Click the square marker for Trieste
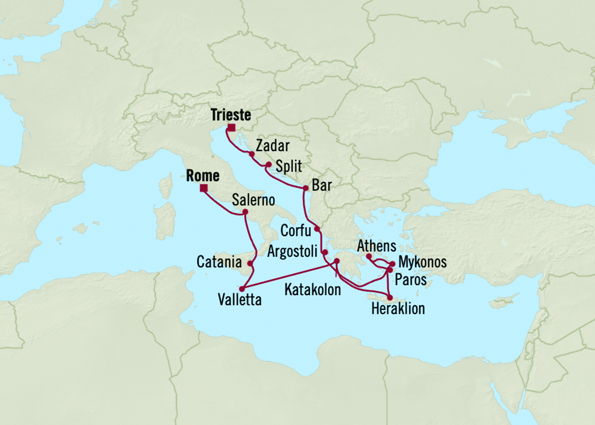coord(231,127)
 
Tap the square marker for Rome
coord(203,189)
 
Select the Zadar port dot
coord(251,154)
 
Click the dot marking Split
coord(269,165)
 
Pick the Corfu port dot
coord(317,229)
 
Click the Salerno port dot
coord(245,212)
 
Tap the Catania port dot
coord(250,263)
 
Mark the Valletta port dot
coord(243,288)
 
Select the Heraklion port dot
coord(389,297)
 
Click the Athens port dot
coord(369,256)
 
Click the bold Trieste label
coord(231,115)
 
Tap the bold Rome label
coord(203,176)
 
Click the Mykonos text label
coord(422,262)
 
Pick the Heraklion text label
coord(397,309)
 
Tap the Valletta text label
coord(240,300)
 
